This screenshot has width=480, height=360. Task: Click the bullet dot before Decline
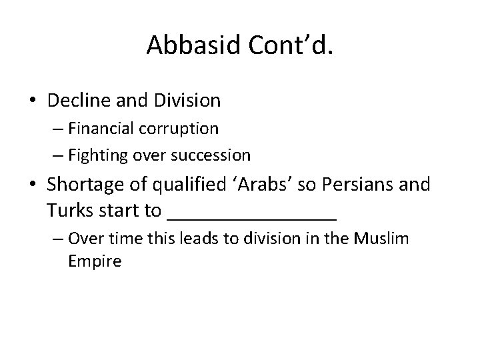[33, 101]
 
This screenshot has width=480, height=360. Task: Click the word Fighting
[96, 156]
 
